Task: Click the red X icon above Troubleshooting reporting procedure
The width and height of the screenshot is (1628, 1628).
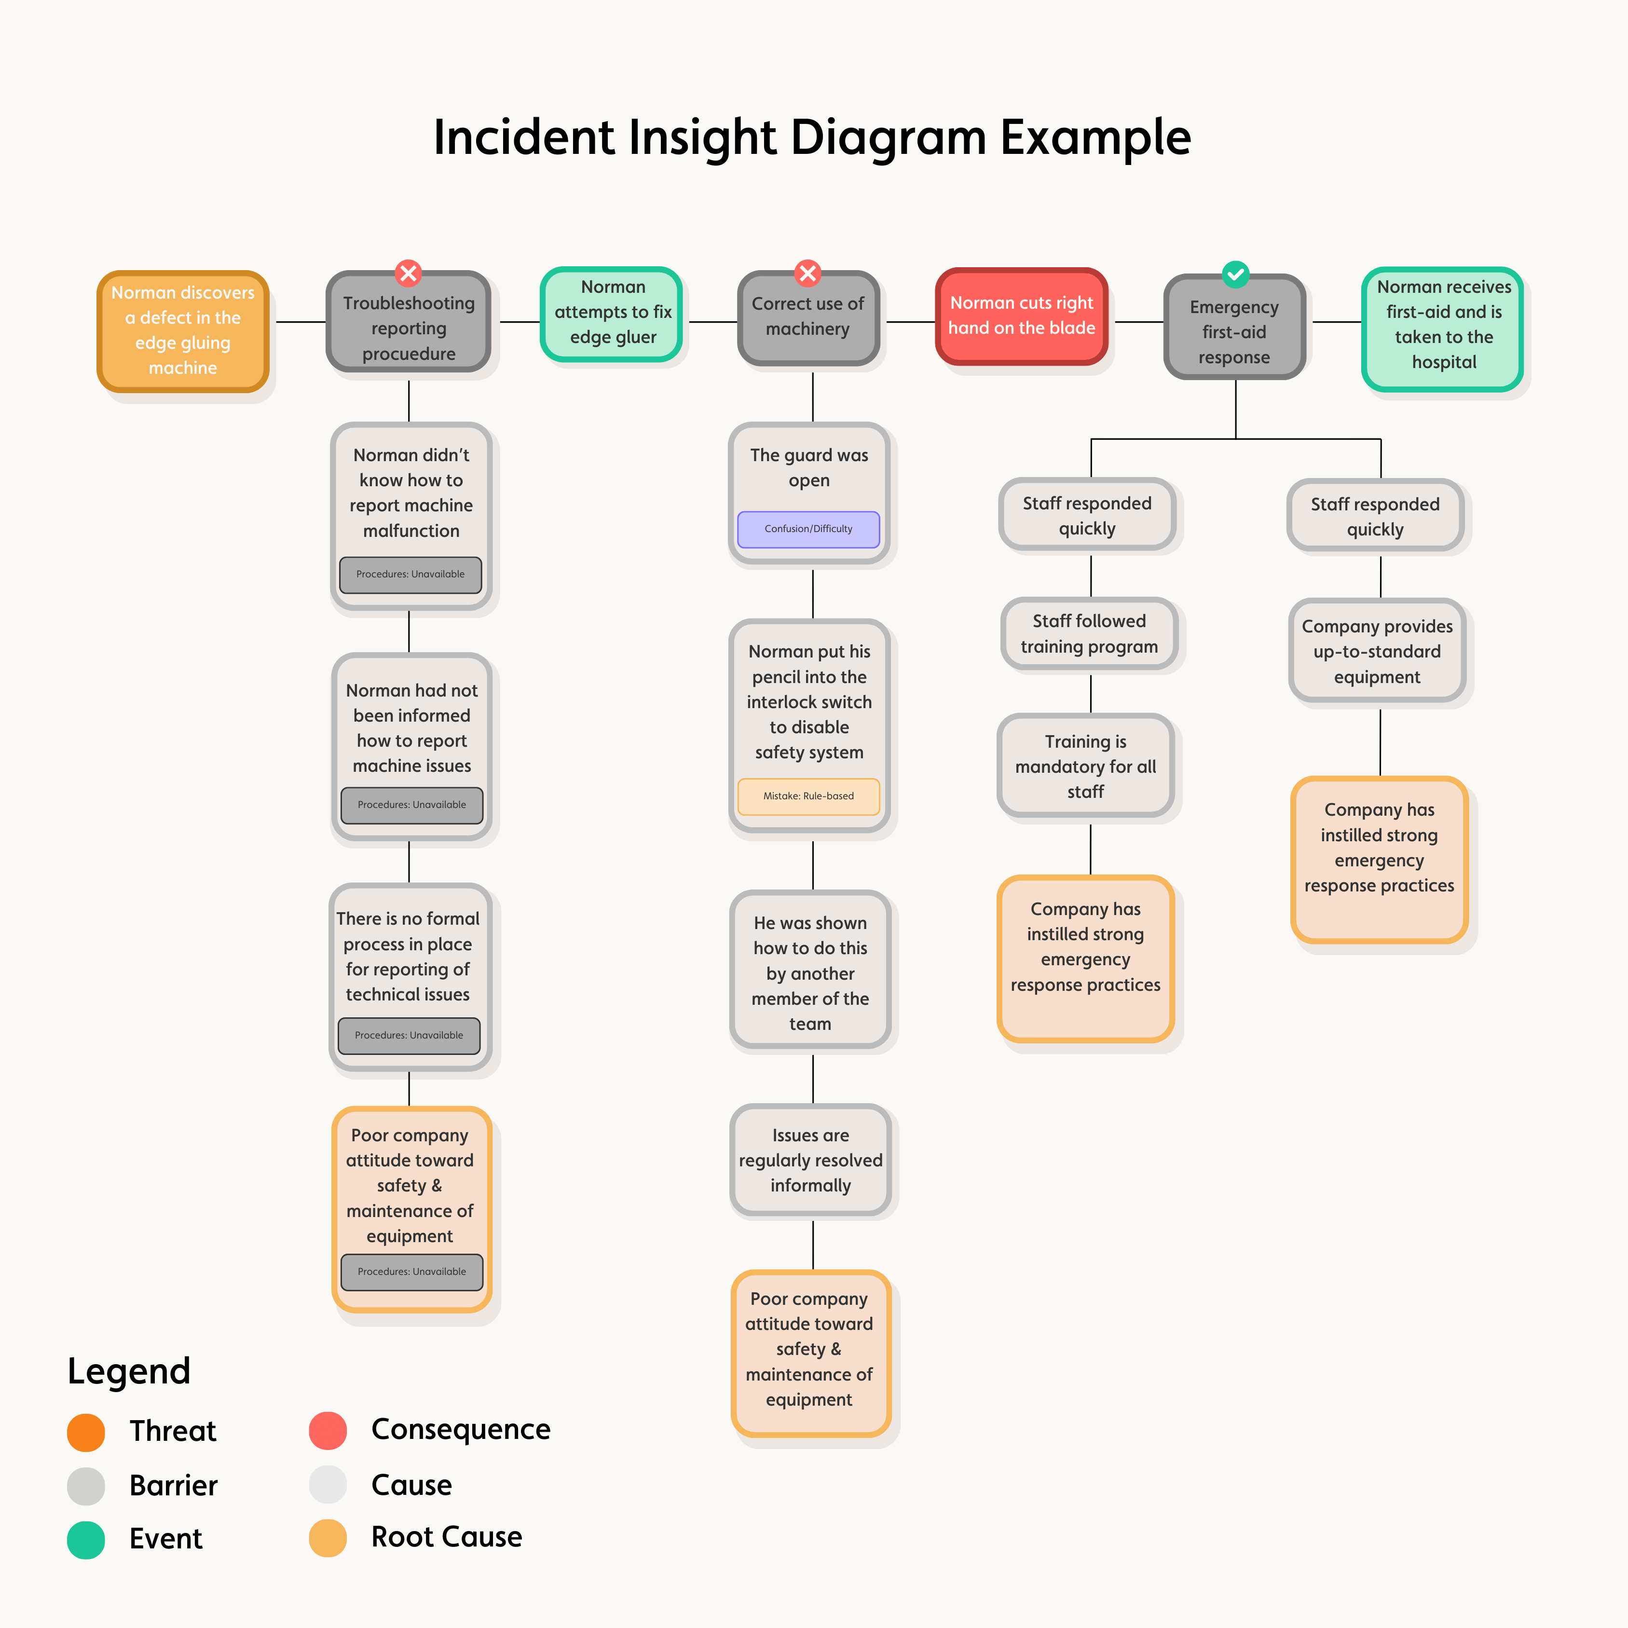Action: point(409,273)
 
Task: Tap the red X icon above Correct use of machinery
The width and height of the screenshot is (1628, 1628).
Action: point(807,273)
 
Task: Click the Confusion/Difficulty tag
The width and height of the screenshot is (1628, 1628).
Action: point(808,529)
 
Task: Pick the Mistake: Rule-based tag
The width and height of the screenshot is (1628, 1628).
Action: point(808,796)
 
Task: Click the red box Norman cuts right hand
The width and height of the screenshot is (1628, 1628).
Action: point(1021,316)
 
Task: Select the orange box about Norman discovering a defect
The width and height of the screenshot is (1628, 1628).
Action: point(183,330)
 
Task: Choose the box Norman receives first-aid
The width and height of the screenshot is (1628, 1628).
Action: point(1443,325)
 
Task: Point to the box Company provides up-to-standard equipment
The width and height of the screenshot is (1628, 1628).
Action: point(1377,651)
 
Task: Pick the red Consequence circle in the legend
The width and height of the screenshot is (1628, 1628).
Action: point(328,1431)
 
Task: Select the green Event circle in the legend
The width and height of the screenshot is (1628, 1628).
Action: point(86,1540)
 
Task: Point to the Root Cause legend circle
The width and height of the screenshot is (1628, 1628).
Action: point(328,1538)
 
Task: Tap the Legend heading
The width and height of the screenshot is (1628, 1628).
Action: point(129,1371)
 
